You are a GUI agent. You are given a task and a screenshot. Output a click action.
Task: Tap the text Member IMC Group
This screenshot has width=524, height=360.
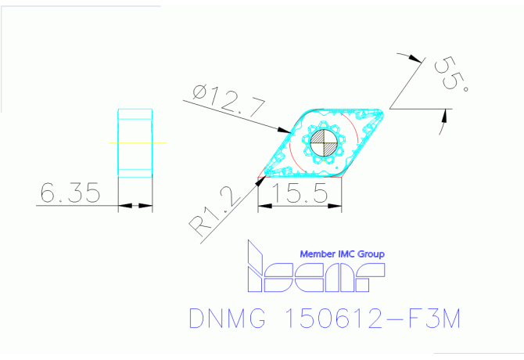(x=343, y=254)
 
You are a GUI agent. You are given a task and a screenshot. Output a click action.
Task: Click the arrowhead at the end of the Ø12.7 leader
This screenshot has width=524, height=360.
(x=284, y=129)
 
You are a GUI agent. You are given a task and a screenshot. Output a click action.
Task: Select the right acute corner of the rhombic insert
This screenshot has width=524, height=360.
(x=384, y=111)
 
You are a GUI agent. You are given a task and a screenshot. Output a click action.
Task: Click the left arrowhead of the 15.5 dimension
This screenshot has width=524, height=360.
(x=263, y=207)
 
